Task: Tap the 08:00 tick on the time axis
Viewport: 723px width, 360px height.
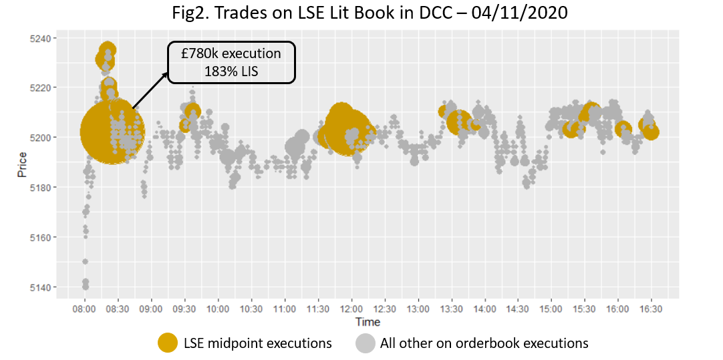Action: coord(84,309)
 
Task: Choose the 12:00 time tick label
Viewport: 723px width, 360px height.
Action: coord(351,309)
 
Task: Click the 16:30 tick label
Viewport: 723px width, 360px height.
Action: coord(651,309)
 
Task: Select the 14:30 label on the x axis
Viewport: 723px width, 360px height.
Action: coord(518,309)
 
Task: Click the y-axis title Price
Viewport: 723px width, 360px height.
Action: coord(22,164)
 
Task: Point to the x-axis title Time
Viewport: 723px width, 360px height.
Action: coord(368,322)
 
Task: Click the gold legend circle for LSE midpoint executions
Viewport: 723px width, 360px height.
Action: coord(167,343)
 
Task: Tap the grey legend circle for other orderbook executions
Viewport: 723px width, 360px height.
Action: coord(366,343)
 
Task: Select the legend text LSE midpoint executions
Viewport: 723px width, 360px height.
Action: coord(257,343)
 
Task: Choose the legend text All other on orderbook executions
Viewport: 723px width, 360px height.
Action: coord(484,343)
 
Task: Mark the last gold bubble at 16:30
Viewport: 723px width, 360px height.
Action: coord(650,132)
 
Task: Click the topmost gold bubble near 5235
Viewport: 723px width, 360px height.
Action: coord(108,49)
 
